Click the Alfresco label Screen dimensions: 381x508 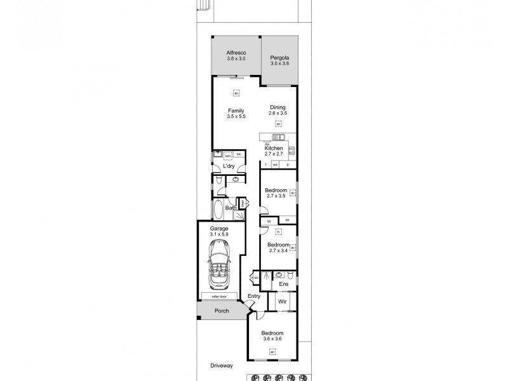pyautogui.click(x=236, y=53)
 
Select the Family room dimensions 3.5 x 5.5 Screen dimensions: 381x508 pyautogui.click(x=236, y=116)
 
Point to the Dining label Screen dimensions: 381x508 pyautogui.click(x=277, y=107)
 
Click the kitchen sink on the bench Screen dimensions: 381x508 pyautogui.click(x=278, y=137)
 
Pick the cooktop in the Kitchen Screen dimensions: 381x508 pyautogui.click(x=292, y=151)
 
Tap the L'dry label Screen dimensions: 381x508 pyautogui.click(x=229, y=166)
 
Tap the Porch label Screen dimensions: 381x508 pyautogui.click(x=222, y=311)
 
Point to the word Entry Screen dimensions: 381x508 pyautogui.click(x=254, y=296)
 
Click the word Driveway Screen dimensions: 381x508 pyautogui.click(x=224, y=366)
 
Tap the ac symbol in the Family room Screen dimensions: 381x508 pyautogui.click(x=236, y=94)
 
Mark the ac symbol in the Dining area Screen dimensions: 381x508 pyautogui.click(x=278, y=124)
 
